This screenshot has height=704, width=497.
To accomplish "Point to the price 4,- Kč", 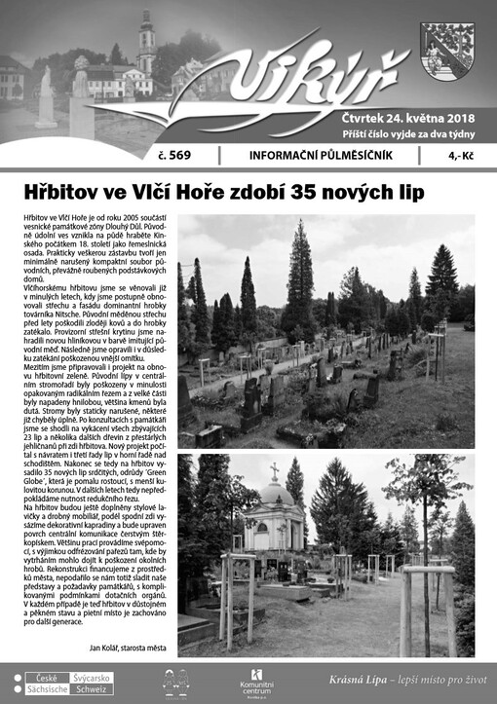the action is [x=460, y=155].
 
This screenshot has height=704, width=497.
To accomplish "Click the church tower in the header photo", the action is [x=146, y=44].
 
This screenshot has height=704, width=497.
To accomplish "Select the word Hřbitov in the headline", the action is [x=65, y=192].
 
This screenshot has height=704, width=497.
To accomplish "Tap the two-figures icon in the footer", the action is [x=174, y=682].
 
